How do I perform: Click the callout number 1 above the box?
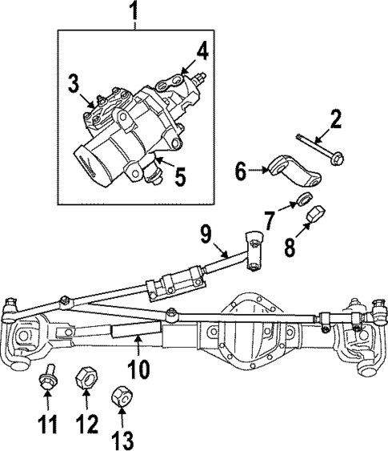134,11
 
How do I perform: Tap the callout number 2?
336,120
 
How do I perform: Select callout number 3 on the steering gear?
73,83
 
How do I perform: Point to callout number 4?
202,52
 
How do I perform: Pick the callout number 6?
240,170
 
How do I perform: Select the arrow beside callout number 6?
257,170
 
